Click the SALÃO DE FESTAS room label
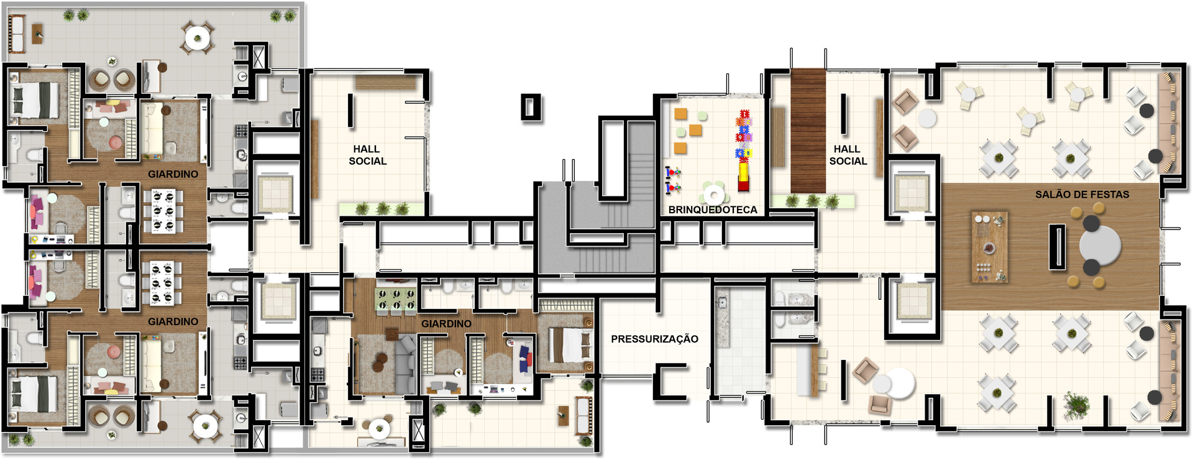point(1082,195)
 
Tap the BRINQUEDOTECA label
point(713,210)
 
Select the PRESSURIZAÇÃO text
point(654,339)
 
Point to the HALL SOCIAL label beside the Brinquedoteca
point(848,155)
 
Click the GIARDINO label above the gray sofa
point(446,324)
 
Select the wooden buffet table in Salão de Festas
point(989,247)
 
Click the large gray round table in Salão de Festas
point(1100,246)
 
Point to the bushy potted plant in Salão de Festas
point(1076,405)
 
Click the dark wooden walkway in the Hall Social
point(808,131)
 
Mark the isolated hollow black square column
point(531,107)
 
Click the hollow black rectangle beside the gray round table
point(1057,247)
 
